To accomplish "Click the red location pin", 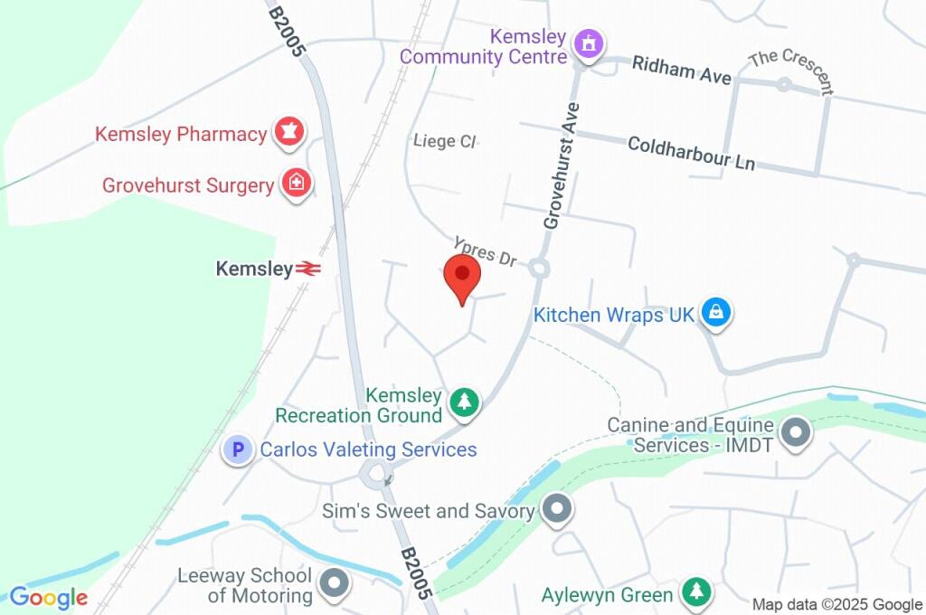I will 462,277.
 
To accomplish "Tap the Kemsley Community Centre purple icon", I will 590,44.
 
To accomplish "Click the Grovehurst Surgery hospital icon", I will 296,184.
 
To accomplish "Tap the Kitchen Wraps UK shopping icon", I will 716,314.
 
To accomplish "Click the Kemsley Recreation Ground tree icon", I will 465,402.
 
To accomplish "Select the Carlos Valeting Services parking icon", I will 238,449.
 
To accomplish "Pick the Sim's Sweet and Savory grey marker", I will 557,510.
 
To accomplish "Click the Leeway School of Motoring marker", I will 335,584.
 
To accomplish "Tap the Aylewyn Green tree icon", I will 695,593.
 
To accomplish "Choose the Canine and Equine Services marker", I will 797,433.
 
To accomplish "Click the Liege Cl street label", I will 444,141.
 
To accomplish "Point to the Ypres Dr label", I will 486,253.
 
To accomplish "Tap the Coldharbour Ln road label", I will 691,154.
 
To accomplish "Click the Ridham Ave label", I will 682,71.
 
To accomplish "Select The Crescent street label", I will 791,71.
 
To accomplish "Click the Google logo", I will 48,598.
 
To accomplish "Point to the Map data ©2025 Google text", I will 837,604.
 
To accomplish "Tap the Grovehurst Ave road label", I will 561,165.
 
